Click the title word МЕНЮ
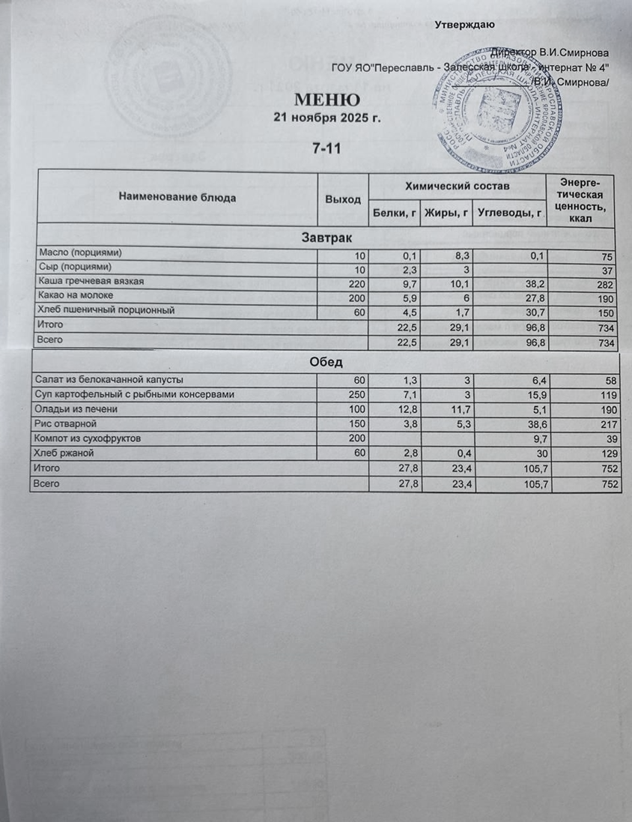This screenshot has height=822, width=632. tap(327, 100)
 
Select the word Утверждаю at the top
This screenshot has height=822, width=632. tap(463, 25)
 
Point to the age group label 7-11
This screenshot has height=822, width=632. tap(327, 148)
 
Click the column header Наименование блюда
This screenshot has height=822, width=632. tap(177, 197)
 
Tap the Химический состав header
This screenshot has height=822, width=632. tap(457, 184)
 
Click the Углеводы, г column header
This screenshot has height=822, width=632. tap(509, 214)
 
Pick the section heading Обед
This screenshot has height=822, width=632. tap(326, 363)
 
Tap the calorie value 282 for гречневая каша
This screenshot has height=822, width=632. tap(605, 285)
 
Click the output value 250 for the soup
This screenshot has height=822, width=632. tap(355, 395)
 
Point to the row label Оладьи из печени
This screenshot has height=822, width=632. tap(75, 409)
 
